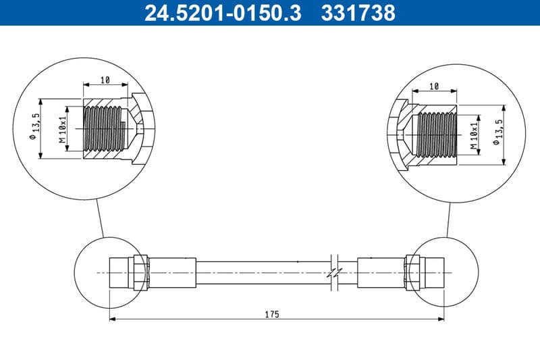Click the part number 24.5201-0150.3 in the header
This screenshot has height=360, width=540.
click(x=223, y=12)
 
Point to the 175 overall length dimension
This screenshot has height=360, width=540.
click(x=272, y=314)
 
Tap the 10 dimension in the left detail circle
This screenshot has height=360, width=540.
click(x=105, y=80)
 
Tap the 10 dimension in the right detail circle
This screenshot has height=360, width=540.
click(x=434, y=86)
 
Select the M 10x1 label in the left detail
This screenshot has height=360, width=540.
click(x=63, y=130)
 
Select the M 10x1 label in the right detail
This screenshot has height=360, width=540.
click(x=475, y=135)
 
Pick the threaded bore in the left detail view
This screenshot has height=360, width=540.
click(x=104, y=130)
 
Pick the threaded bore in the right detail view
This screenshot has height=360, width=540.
click(x=437, y=135)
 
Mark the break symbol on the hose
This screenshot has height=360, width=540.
click(x=333, y=272)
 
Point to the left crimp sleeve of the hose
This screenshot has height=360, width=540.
click(x=171, y=272)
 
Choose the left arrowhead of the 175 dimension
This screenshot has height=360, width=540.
click(x=113, y=320)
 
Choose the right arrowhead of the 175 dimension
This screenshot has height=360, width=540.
click(x=441, y=320)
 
